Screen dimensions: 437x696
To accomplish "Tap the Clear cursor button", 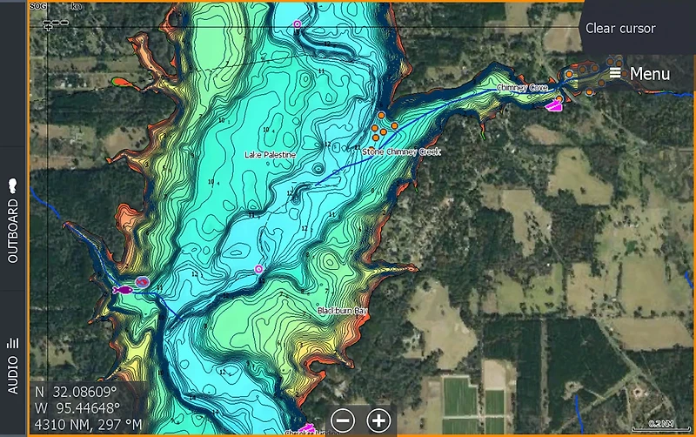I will tap(619, 28).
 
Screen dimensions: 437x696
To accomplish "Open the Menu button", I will tap(639, 73).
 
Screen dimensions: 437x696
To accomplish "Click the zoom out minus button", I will tap(344, 420).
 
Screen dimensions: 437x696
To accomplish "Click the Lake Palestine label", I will tap(270, 155).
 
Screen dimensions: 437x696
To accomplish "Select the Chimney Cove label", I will tap(521, 88).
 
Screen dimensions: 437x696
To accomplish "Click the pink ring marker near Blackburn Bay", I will tap(258, 270).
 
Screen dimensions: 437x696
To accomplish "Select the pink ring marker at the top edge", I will tap(298, 24).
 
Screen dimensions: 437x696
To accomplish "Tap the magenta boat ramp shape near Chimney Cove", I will tap(553, 106).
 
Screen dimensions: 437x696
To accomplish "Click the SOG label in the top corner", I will tap(37, 5).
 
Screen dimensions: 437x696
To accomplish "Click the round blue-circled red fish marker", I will tap(141, 283).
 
